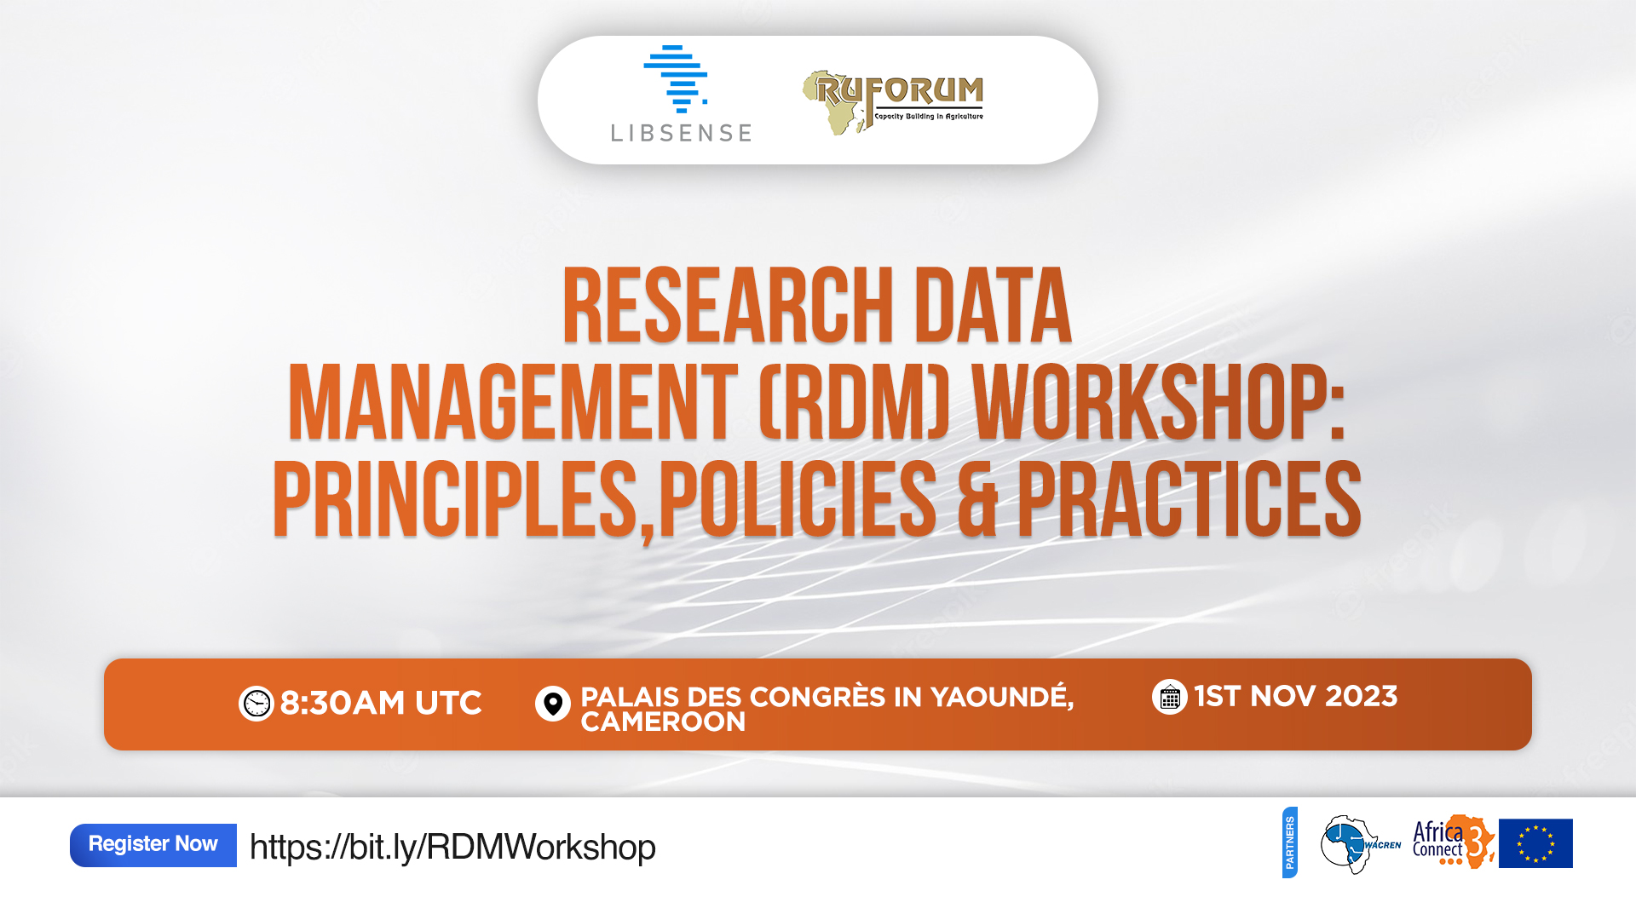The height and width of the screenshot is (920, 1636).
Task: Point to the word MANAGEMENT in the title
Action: (513, 402)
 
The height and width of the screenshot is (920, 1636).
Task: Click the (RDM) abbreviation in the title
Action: (854, 402)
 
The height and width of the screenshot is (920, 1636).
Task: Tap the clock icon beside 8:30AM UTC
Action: (256, 704)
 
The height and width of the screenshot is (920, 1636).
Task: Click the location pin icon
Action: (553, 704)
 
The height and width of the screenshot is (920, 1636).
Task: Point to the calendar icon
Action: (1170, 697)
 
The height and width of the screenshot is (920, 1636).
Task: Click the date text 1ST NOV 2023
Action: (1296, 697)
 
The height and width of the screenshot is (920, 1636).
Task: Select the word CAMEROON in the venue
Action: (663, 722)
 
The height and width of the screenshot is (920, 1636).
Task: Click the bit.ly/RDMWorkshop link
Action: (452, 847)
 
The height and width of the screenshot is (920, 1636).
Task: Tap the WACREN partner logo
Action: (1360, 844)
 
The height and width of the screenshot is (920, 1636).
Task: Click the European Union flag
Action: (1535, 843)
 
